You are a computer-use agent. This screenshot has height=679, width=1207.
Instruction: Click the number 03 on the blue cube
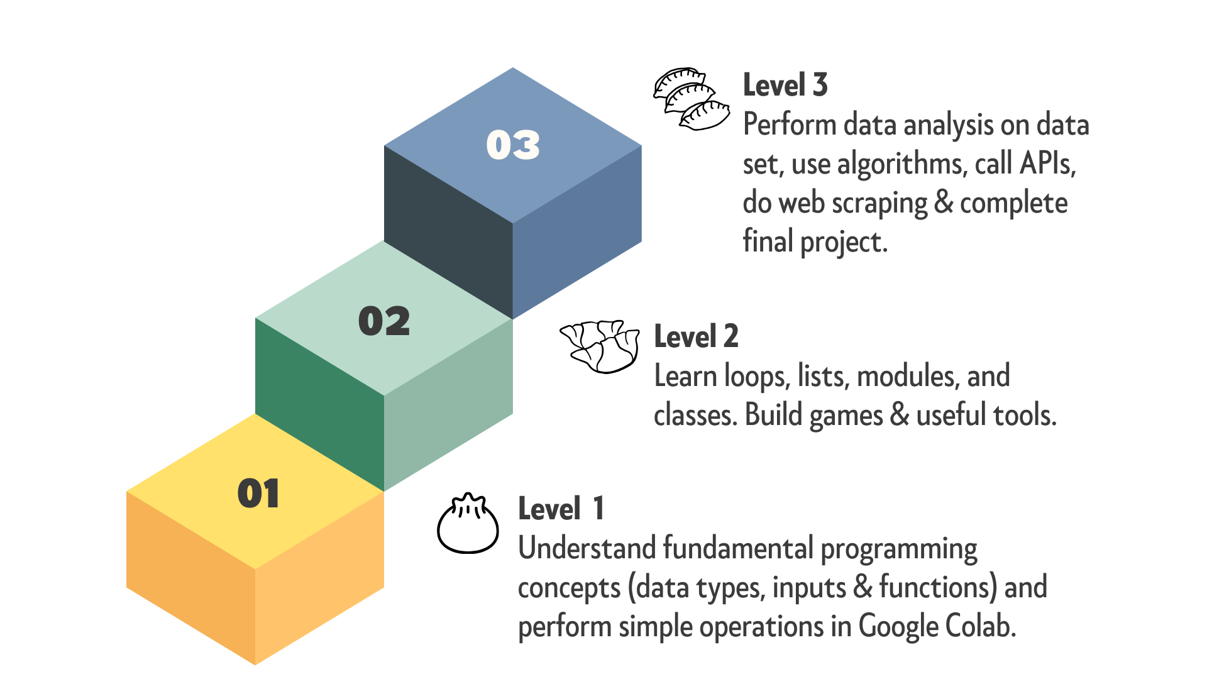513,145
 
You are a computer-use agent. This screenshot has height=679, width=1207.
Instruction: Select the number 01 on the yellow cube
258,494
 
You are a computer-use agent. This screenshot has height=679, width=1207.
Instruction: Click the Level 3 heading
785,85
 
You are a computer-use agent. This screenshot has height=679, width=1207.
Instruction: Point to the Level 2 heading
696,336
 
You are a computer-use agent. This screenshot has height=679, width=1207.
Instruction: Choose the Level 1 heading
561,509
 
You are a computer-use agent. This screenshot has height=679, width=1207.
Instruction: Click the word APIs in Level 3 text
1047,164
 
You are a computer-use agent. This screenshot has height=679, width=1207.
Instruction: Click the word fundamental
738,548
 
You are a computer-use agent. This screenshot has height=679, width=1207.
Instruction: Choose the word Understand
587,548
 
